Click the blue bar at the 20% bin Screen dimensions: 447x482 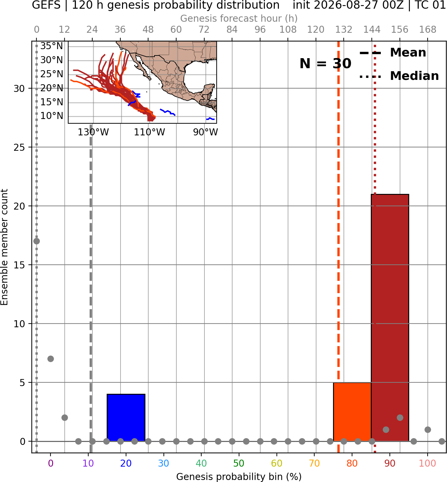[126, 418]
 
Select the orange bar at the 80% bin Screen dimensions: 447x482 [352, 412]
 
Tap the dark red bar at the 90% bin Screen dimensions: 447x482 [390, 318]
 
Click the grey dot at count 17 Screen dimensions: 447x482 [37, 241]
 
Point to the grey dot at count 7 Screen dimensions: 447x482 [50, 359]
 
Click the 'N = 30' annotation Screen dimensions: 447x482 [325, 64]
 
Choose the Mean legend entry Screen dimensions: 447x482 [393, 53]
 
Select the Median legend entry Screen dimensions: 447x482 [399, 76]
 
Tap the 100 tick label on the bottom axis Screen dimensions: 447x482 [428, 463]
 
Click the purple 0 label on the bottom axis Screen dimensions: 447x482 [50, 463]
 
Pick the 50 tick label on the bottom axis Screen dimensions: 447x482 [239, 463]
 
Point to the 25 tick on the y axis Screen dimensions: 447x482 [19, 147]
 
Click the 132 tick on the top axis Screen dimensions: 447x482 [344, 30]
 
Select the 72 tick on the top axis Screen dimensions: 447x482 [204, 30]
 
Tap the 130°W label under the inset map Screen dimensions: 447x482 [93, 132]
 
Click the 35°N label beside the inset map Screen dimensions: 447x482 [51, 46]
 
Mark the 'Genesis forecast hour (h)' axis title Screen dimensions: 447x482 [239, 18]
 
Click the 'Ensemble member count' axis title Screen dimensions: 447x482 [4, 247]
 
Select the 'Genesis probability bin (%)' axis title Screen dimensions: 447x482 [239, 477]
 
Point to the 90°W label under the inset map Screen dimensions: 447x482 [205, 132]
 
